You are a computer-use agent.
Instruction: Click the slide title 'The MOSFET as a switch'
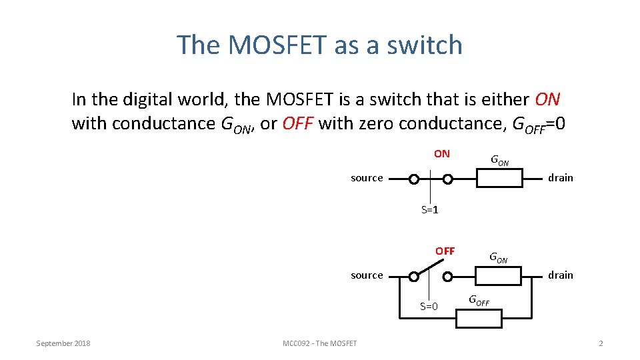click(x=319, y=45)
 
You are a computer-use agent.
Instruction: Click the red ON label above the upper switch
click(x=441, y=154)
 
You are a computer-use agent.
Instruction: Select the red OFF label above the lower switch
click(x=445, y=251)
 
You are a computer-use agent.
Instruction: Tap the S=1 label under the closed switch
click(x=429, y=211)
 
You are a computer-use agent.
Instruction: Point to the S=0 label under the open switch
click(x=429, y=307)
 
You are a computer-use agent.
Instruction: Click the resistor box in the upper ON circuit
click(x=499, y=179)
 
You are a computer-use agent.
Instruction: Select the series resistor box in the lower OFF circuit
click(x=499, y=275)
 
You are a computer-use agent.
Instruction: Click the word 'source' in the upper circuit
click(x=367, y=178)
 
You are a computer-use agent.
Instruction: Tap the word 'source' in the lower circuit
click(x=367, y=275)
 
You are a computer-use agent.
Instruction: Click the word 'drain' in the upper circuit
click(x=560, y=178)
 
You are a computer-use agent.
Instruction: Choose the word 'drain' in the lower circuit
click(x=560, y=275)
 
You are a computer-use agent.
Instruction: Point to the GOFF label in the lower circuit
click(x=479, y=301)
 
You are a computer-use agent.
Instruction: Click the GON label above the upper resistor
click(x=499, y=161)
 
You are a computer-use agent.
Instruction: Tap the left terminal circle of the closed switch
click(x=414, y=179)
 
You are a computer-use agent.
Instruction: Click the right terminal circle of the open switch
click(x=448, y=276)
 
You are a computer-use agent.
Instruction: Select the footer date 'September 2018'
click(x=63, y=343)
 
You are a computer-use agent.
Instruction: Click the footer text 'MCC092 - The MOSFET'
click(x=319, y=343)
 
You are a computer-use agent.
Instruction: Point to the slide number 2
click(x=601, y=343)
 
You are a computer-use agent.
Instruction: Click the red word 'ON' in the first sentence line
click(x=547, y=100)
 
